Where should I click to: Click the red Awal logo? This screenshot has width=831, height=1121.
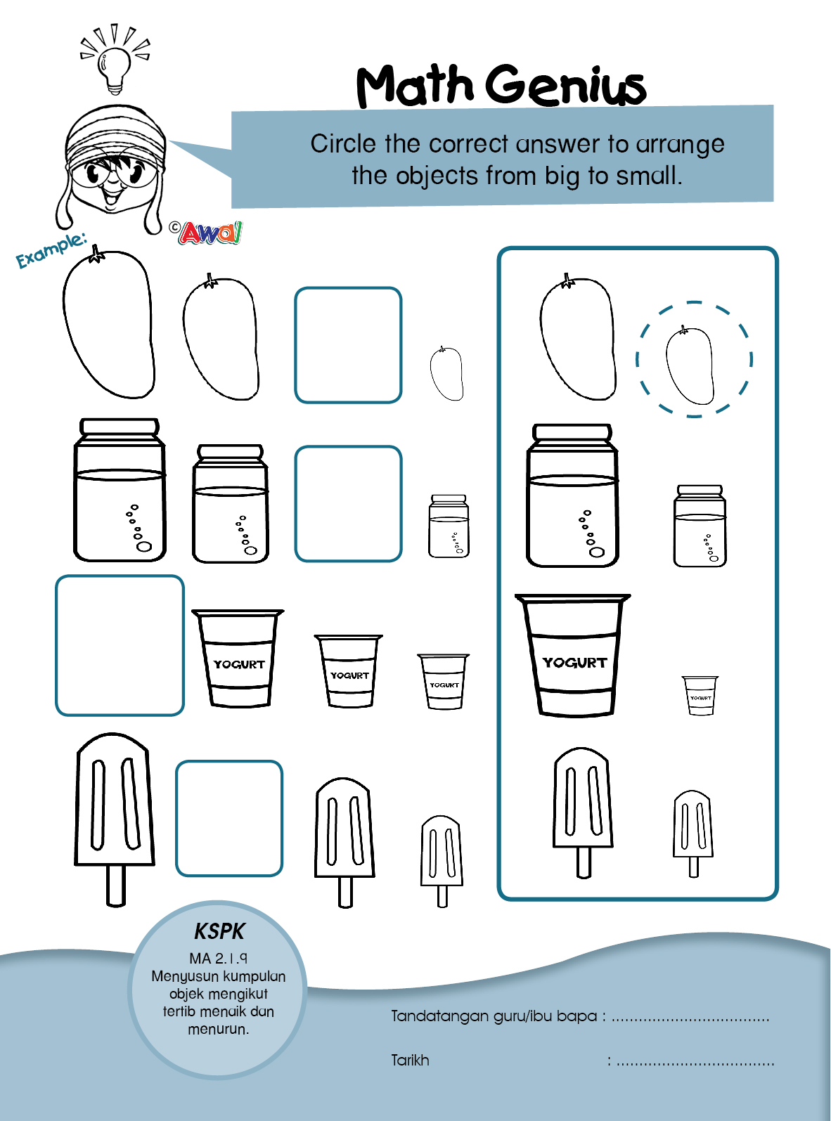(210, 233)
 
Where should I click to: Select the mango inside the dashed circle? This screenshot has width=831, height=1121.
(690, 365)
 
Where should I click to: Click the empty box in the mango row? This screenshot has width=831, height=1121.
(348, 345)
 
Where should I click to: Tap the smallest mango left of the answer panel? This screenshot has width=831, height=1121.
(446, 373)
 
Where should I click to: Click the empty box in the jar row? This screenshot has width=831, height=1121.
(348, 503)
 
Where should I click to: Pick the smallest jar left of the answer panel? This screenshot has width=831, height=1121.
(449, 526)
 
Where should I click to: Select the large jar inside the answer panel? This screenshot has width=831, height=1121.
(572, 495)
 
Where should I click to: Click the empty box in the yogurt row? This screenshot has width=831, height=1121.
(120, 645)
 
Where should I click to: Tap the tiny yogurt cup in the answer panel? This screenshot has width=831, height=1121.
(700, 695)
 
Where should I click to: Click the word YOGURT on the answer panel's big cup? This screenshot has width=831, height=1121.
(574, 662)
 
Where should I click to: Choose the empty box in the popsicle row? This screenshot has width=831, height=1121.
(229, 818)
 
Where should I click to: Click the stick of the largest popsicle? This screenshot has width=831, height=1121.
(115, 886)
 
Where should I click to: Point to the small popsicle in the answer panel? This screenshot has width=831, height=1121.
(693, 834)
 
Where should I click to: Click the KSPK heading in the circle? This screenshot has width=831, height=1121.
(219, 931)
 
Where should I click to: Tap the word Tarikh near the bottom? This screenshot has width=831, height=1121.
(410, 1060)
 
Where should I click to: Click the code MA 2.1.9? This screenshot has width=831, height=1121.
(219, 958)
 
